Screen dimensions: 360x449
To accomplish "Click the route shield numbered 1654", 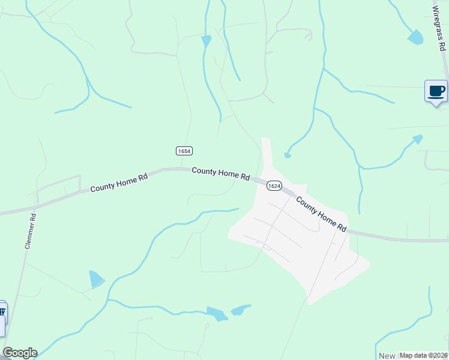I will tap(184, 151).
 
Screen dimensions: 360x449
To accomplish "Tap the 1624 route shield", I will tap(274, 186).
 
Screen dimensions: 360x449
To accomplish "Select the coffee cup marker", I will tap(436, 92).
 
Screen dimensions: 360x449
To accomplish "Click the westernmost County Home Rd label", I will tap(119, 184).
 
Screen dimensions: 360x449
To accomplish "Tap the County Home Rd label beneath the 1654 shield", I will tap(220, 174).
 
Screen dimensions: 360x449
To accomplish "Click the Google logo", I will tap(19, 353).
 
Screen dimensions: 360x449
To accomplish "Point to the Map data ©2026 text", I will tap(423, 355).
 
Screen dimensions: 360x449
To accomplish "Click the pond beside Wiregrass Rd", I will tap(415, 37).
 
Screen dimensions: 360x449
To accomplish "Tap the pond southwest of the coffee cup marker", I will tap(417, 139).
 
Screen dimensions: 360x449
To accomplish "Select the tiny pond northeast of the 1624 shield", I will tap(288, 156).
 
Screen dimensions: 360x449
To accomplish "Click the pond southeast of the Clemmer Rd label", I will tap(95, 279).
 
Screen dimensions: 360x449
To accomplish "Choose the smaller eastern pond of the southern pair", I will tap(240, 310).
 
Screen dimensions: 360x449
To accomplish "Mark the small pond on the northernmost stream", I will tap(206, 41).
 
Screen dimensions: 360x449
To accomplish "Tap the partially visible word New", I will tap(386, 356).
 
